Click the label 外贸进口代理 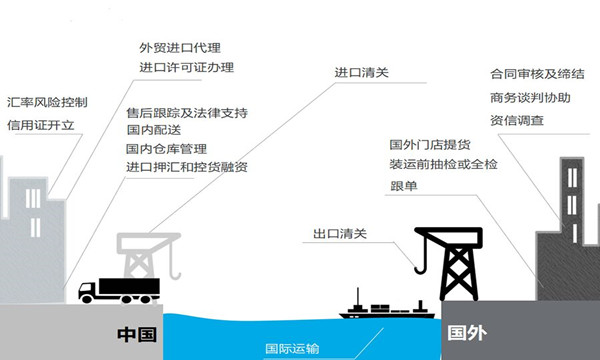(x=179, y=47)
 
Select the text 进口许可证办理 (x=186, y=68)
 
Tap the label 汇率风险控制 (x=47, y=103)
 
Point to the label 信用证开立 (x=41, y=126)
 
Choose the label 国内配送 (x=152, y=130)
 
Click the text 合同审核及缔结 (x=537, y=75)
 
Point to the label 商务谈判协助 (x=530, y=98)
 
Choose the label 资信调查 (x=517, y=120)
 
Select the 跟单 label (x=402, y=186)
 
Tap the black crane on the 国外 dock (x=449, y=262)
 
